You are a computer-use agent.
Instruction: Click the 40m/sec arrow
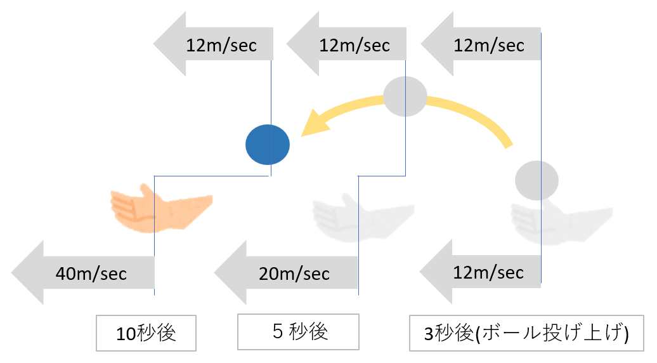coord(82,274)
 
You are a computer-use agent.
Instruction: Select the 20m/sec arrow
coord(285,274)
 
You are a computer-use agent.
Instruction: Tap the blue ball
coord(268,145)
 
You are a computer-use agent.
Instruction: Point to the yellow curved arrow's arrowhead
coord(313,124)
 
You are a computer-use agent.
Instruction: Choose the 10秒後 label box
coord(146,333)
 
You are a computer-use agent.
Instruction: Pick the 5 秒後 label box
coord(298,331)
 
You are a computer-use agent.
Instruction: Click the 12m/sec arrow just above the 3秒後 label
coord(482,272)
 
